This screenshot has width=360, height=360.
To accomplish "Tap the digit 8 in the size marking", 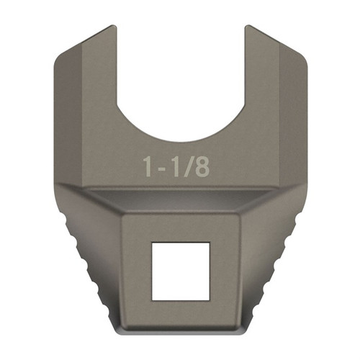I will pyautogui.click(x=202, y=166).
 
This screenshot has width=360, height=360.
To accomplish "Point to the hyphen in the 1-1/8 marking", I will pyautogui.click(x=163, y=168).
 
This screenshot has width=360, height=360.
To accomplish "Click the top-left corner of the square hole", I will pyautogui.click(x=151, y=243).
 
